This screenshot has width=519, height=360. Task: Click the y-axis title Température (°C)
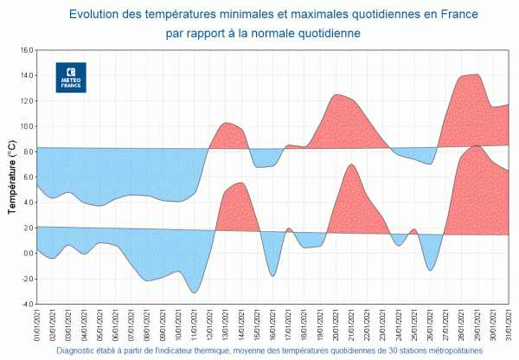pos(11,177)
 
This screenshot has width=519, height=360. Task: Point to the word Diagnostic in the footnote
pos(80,351)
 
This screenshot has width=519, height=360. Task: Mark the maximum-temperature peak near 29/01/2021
pos(476,75)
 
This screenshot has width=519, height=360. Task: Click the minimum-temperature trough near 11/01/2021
pos(195,292)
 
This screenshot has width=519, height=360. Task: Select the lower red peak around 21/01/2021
pos(351,164)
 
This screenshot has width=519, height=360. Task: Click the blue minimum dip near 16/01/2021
pos(272,275)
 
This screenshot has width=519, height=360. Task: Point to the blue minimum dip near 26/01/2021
pos(430,270)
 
